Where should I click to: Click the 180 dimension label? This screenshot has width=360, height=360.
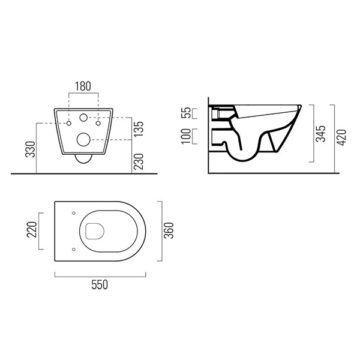83,86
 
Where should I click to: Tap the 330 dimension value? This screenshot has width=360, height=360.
31,149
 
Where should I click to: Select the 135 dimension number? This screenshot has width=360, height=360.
139,129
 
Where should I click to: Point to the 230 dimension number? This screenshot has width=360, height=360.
139,161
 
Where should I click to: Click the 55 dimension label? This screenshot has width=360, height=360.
186,113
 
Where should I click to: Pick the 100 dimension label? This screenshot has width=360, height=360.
186,136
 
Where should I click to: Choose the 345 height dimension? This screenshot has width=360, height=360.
321,134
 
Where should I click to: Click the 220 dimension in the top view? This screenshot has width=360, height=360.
32,230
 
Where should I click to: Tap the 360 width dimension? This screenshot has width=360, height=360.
169,230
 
